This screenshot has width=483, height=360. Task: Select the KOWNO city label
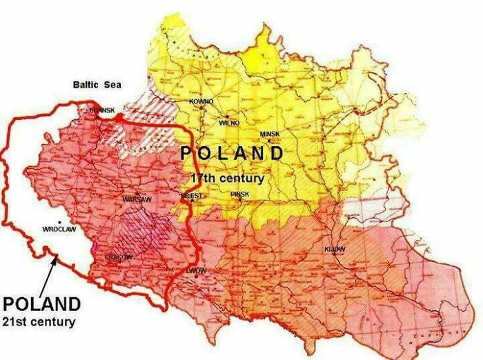click(201, 101)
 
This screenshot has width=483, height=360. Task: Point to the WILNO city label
click(229, 122)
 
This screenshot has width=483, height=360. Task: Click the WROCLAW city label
click(59, 229)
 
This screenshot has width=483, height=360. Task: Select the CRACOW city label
click(118, 257)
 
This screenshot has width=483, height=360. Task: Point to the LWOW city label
click(196, 270)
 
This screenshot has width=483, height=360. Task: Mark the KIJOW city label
click(335, 248)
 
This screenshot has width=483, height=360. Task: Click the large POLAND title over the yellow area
click(231, 153)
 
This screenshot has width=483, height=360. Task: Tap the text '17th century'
click(228, 178)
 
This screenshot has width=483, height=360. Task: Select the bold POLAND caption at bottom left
click(41, 303)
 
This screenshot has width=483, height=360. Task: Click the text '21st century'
click(39, 321)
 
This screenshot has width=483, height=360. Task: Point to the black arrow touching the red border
click(45, 274)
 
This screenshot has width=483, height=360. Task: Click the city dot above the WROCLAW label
click(59, 221)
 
